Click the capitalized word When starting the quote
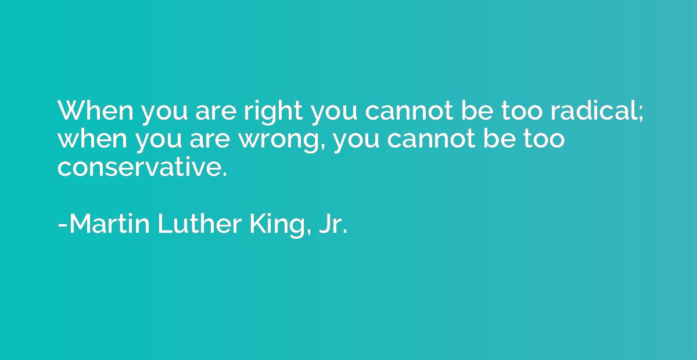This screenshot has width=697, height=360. (x=95, y=110)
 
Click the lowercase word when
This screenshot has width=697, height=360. (x=92, y=138)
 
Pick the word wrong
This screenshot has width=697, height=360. (x=279, y=141)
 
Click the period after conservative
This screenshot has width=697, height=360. (x=225, y=175)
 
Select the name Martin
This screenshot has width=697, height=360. (x=109, y=224)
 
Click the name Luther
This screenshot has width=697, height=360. (x=199, y=224)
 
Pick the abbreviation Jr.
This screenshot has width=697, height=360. (x=333, y=224)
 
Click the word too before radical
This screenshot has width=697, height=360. (x=522, y=111)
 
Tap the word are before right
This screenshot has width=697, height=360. (x=215, y=113)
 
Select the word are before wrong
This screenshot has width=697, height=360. (x=210, y=141)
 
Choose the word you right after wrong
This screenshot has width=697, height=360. (x=356, y=143)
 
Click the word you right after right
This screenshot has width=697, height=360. (x=334, y=116)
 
